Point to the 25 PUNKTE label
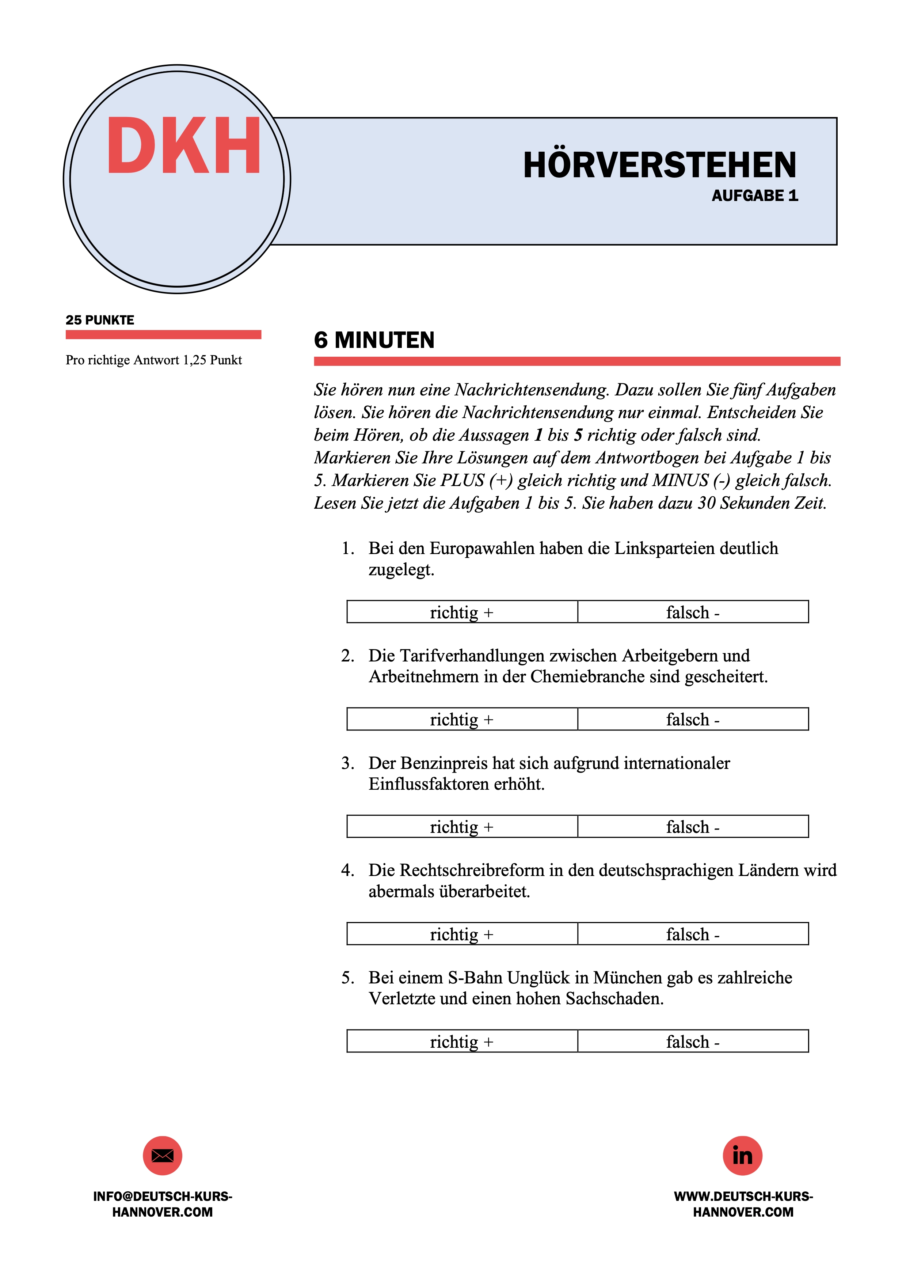pyautogui.click(x=100, y=320)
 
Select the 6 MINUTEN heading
pyautogui.click(x=374, y=340)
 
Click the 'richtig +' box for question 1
pyautogui.click(x=462, y=612)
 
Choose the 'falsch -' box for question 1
pyautogui.click(x=693, y=612)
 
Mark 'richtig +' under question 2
pyautogui.click(x=462, y=719)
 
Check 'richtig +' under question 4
pyautogui.click(x=462, y=934)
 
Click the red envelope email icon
pyautogui.click(x=163, y=1155)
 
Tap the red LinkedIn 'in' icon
pyautogui.click(x=742, y=1155)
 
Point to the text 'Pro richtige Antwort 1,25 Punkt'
pyautogui.click(x=153, y=360)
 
